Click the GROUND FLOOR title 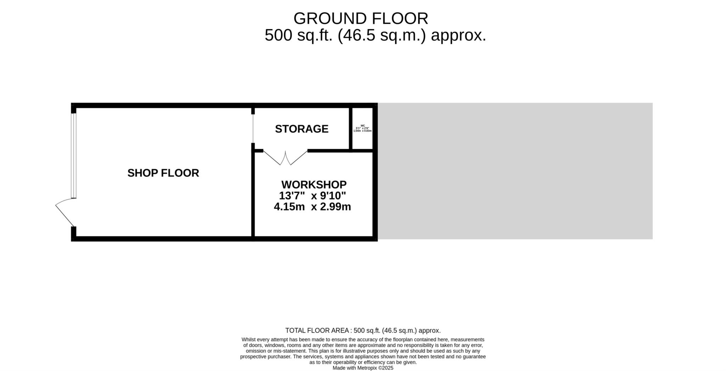click(x=361, y=18)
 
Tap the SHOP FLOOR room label click(x=163, y=173)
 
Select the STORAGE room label click(x=302, y=129)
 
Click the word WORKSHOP click(x=314, y=185)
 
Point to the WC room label click(x=362, y=126)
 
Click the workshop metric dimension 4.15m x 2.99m click(x=312, y=207)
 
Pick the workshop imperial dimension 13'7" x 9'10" click(x=312, y=196)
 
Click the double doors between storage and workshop click(x=285, y=158)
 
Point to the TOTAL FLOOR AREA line click(x=363, y=331)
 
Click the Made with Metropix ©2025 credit click(x=363, y=368)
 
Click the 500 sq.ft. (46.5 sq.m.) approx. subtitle click(x=375, y=36)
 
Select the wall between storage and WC click(x=350, y=129)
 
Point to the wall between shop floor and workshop click(x=253, y=193)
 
